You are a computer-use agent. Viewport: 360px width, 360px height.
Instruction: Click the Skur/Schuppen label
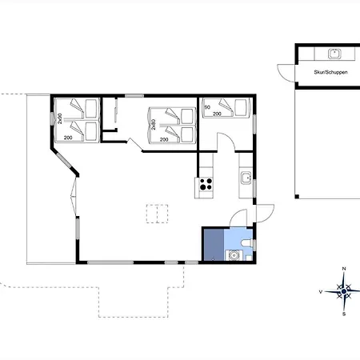point(330,72)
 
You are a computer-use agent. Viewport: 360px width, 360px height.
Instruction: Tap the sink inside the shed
point(334,54)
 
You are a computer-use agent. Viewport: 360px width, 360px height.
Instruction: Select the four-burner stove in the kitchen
point(206,184)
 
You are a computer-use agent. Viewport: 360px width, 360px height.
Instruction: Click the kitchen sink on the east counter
point(246,178)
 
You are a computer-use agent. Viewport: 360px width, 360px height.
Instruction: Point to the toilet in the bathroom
point(246,243)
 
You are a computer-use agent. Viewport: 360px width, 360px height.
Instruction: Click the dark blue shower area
point(214,245)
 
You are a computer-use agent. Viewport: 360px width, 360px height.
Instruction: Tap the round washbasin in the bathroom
point(234,255)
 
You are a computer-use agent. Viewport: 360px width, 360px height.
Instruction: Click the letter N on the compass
point(344,269)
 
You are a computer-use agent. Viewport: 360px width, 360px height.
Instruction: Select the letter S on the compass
point(344,314)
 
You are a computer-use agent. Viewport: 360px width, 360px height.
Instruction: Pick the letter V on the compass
point(321,292)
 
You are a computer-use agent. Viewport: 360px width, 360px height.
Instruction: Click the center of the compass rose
point(344,291)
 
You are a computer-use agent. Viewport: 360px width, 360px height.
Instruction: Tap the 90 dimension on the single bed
point(207,107)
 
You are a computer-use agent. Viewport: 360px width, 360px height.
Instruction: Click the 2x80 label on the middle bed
point(153,125)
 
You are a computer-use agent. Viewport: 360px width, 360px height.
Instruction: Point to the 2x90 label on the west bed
point(60,118)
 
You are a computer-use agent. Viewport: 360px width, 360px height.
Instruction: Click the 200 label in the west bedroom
point(68,138)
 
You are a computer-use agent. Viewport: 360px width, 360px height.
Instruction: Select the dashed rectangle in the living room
point(157,214)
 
